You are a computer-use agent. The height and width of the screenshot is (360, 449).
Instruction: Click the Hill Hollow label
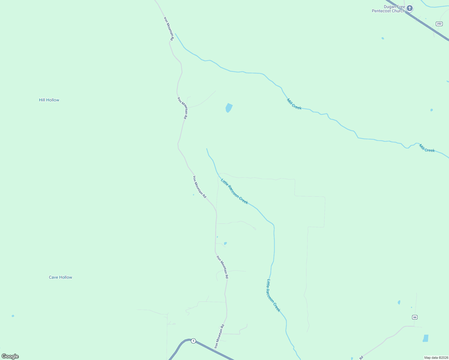pyautogui.click(x=49, y=100)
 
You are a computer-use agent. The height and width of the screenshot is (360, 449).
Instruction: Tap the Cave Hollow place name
pyautogui.click(x=60, y=277)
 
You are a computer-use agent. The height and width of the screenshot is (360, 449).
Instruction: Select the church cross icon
pyautogui.click(x=410, y=8)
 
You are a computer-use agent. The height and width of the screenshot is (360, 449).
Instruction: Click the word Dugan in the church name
pyautogui.click(x=390, y=7)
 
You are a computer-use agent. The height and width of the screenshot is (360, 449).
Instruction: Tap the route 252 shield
pyautogui.click(x=439, y=24)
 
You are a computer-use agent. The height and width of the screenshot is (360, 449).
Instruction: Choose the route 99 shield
pyautogui.click(x=414, y=317)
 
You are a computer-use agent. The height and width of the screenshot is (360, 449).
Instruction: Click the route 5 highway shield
pyautogui.click(x=194, y=341)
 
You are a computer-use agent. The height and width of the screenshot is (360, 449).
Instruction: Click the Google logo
pyautogui.click(x=10, y=356)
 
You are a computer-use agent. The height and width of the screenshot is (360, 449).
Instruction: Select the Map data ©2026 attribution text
pyautogui.click(x=436, y=358)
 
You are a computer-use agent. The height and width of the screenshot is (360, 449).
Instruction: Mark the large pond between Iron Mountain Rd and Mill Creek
pyautogui.click(x=229, y=108)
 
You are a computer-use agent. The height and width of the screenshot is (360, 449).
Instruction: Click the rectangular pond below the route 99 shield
pyautogui.click(x=426, y=338)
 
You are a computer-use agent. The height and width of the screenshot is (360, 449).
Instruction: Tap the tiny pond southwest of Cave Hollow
pyautogui.click(x=13, y=316)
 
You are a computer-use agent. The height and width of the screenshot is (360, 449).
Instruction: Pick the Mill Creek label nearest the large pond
pyautogui.click(x=294, y=104)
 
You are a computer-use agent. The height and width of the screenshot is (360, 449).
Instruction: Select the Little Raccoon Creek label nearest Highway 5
pyautogui.click(x=273, y=295)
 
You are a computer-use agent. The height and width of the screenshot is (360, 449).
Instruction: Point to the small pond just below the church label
pyautogui.click(x=383, y=38)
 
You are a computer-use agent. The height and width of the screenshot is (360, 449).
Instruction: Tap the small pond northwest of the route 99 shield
pyautogui.click(x=399, y=302)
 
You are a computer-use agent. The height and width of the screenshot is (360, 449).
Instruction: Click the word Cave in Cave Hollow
pyautogui.click(x=53, y=277)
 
